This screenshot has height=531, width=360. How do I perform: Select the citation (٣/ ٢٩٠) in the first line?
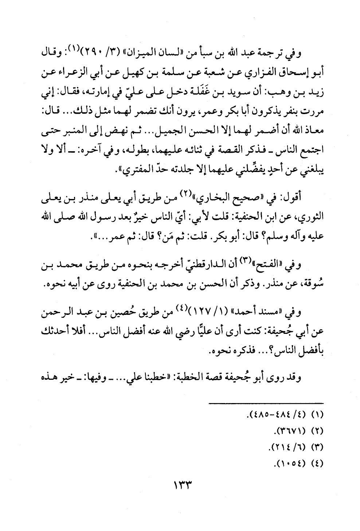click(x=114, y=56)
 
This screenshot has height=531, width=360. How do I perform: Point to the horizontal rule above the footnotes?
click(x=266, y=403)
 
